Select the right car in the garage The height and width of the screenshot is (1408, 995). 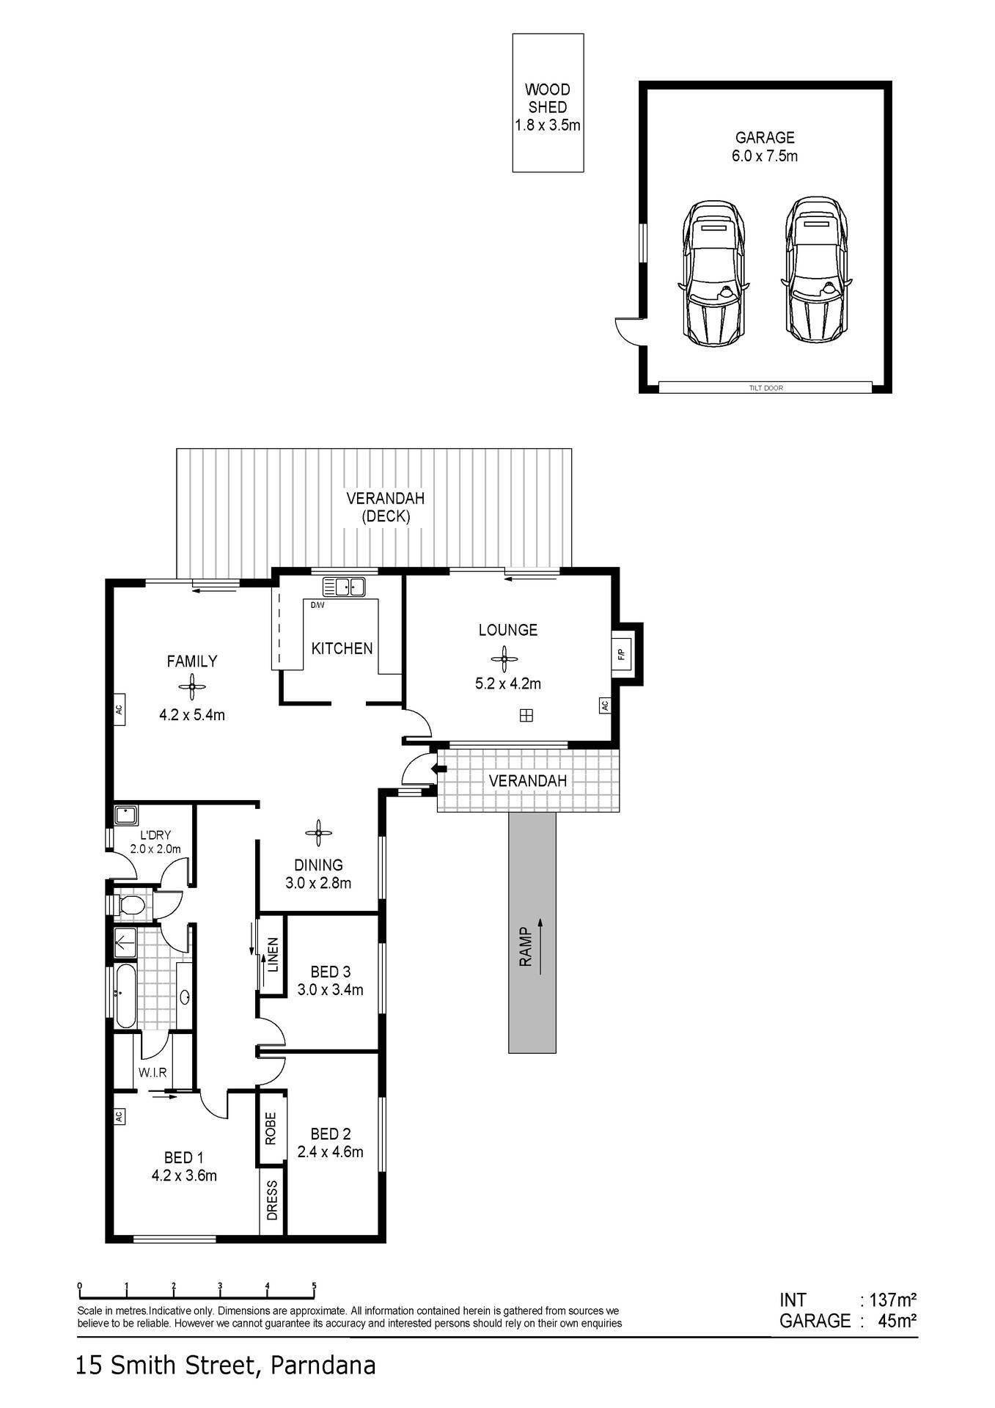pos(815,269)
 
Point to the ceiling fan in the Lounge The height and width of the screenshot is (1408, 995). pos(504,659)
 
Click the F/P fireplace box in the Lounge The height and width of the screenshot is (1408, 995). pos(620,654)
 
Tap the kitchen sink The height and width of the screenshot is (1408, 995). pos(344,587)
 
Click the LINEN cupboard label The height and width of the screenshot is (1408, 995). pos(273,955)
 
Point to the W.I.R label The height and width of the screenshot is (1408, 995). pos(153,1072)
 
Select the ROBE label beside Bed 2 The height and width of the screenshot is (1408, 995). pos(271,1129)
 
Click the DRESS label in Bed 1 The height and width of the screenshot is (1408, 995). pos(272,1200)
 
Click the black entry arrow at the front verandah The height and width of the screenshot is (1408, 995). pos(439,769)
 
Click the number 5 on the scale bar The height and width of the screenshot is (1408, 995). pos(314,1286)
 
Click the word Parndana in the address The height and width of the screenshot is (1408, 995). pos(323,1365)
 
